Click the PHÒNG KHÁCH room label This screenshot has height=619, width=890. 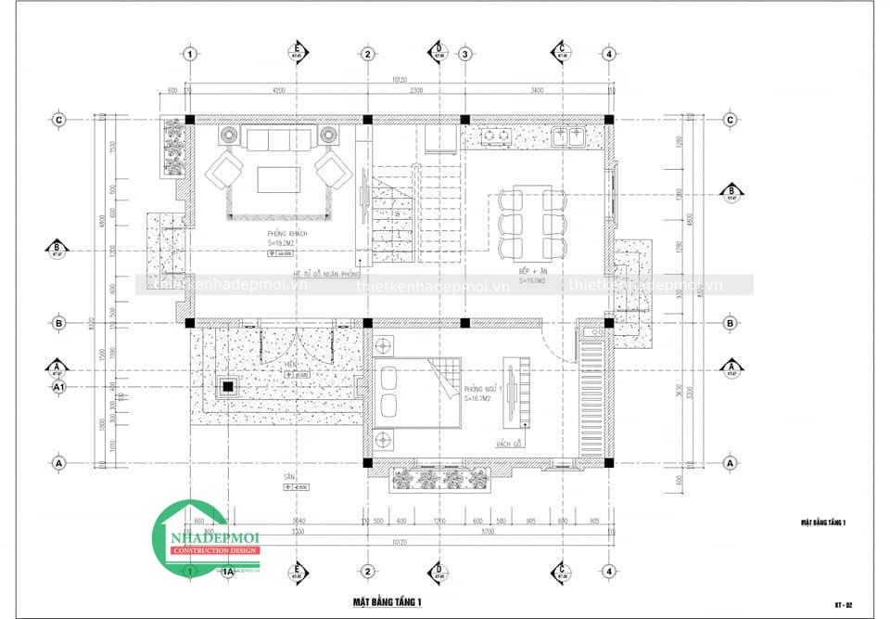[x=286, y=233]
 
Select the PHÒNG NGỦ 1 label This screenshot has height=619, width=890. [x=482, y=389]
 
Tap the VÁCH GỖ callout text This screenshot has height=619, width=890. [x=507, y=443]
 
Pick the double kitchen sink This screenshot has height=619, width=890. [x=567, y=137]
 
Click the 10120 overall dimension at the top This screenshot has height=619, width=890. [x=399, y=80]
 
